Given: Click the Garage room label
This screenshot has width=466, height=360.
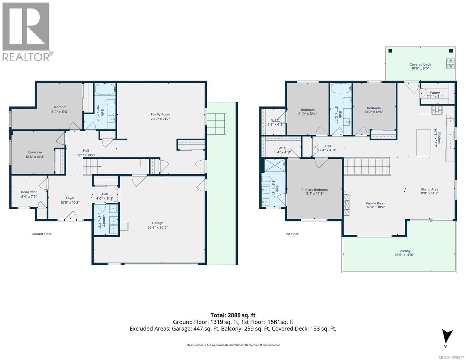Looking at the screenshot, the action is click(x=158, y=223).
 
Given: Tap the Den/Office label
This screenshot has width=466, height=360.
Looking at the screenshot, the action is click(x=29, y=192).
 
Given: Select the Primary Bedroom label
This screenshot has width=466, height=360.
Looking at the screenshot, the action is click(x=314, y=190).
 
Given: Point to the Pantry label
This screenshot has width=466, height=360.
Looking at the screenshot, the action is click(x=435, y=93).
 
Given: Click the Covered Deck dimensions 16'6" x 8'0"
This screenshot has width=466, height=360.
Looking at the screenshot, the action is click(x=420, y=68).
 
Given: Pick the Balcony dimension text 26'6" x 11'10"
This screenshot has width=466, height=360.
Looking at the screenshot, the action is click(x=404, y=255).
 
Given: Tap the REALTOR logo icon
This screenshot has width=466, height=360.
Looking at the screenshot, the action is click(x=26, y=27).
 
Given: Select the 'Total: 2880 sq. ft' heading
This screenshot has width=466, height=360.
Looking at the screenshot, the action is click(x=233, y=315).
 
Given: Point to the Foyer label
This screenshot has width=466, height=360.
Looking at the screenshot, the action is click(x=70, y=198).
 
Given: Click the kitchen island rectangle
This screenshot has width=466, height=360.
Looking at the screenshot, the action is click(x=423, y=142).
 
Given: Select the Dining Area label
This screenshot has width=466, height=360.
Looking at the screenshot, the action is click(x=429, y=189).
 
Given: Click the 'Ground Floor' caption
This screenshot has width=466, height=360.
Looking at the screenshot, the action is click(x=42, y=234).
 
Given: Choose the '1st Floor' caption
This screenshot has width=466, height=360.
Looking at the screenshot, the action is click(x=292, y=234).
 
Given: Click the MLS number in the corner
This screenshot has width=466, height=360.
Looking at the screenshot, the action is click(x=452, y=358).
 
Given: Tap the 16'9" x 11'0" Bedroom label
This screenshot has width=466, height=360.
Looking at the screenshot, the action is click(x=59, y=109).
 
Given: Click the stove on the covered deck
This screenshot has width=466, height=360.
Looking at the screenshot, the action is click(x=451, y=64).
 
